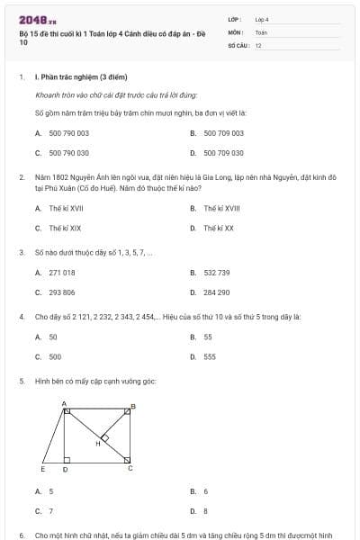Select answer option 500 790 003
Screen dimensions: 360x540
point(68,133)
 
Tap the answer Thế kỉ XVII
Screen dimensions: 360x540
point(67,208)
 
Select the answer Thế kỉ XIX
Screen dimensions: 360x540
point(65,228)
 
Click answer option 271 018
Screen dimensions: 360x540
point(62,272)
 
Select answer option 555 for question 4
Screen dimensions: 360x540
point(209,356)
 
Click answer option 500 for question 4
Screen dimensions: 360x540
point(55,356)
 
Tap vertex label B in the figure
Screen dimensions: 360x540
point(133,406)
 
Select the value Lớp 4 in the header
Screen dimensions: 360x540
point(262,19)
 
